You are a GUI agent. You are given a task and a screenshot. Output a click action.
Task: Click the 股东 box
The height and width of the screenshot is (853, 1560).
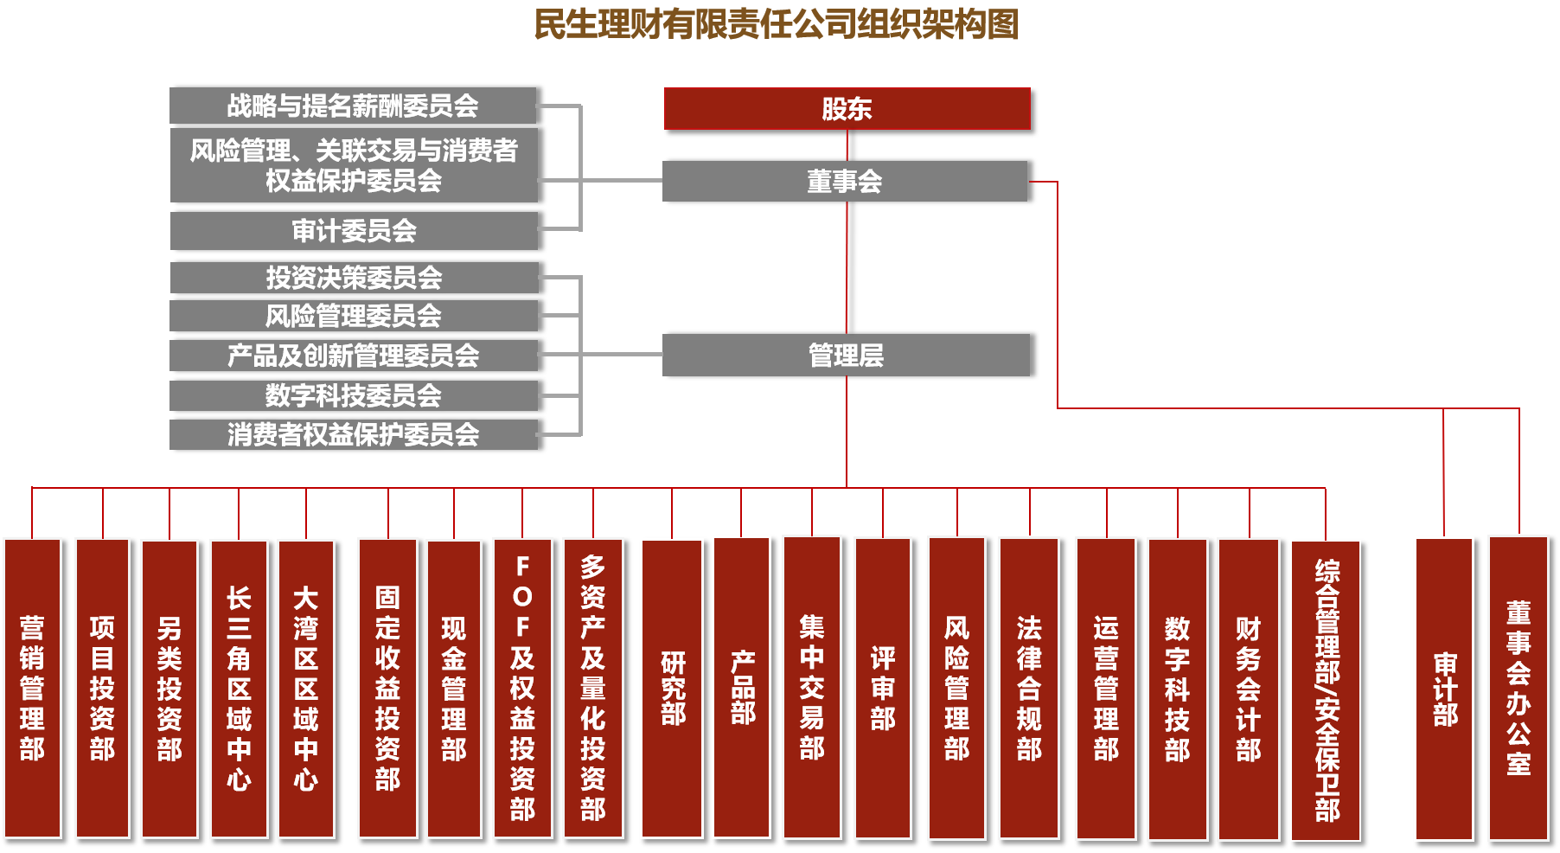pos(847,109)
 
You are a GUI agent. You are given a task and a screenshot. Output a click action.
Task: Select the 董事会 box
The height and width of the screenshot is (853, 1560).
pos(844,182)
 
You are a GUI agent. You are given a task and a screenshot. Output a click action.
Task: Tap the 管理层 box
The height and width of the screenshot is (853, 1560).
pos(846,356)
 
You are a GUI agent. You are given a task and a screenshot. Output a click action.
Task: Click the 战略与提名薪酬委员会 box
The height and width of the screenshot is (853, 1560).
pos(353,106)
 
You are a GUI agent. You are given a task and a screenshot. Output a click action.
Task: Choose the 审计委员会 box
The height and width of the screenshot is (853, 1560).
pos(354,231)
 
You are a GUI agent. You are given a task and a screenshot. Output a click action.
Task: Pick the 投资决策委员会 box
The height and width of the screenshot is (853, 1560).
pos(354,278)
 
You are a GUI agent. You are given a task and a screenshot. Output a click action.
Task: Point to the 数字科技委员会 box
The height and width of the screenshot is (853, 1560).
pos(353,395)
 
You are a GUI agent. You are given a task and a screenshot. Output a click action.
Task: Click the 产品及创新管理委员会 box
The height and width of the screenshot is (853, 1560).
pos(353,356)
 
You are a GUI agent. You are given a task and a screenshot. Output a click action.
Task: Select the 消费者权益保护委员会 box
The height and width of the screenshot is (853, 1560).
pos(353,434)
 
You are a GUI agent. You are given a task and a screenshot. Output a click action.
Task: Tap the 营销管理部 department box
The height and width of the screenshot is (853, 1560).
pos(32,688)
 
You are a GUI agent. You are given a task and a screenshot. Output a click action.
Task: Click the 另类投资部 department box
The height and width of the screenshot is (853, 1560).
pos(169,688)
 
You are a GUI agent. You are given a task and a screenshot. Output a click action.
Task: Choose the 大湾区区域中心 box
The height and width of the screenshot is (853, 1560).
pos(306,688)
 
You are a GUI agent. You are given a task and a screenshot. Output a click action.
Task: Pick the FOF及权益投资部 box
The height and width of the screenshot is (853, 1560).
pos(522,688)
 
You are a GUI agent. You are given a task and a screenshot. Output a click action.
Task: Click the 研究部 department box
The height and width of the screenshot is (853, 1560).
pos(672,688)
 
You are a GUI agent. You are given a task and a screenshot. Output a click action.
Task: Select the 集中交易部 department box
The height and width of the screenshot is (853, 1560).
pos(812,688)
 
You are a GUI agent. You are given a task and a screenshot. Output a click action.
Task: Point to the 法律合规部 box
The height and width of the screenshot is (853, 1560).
pos(1029,688)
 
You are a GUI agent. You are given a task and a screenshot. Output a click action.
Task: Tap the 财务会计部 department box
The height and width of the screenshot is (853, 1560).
pos(1249,688)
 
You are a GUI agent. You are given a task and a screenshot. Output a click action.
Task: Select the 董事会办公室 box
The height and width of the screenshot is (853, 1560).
pos(1518,688)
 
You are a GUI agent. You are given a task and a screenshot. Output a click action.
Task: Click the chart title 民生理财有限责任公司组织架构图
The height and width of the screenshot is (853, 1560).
pos(776,24)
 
